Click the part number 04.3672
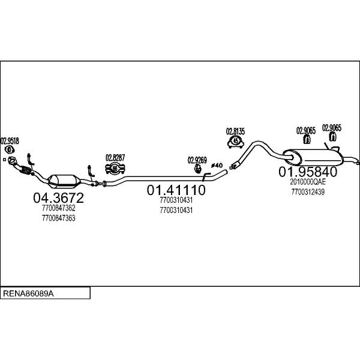coord(58,197)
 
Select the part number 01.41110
coord(176,190)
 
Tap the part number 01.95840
coord(308,172)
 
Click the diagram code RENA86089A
coord(28,293)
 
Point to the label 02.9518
coord(10,141)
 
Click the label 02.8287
coord(115,158)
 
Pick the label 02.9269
coord(197,160)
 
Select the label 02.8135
coord(235,131)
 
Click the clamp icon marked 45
coord(236,141)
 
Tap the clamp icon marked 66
coord(115,168)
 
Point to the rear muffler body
coord(313,157)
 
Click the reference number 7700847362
coord(59,208)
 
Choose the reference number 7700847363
coord(59,218)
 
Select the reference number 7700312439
coord(308,192)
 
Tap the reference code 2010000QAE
coord(308,182)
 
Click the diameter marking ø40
coord(217,166)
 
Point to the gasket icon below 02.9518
coord(9,150)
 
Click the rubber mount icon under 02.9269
coord(197,169)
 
